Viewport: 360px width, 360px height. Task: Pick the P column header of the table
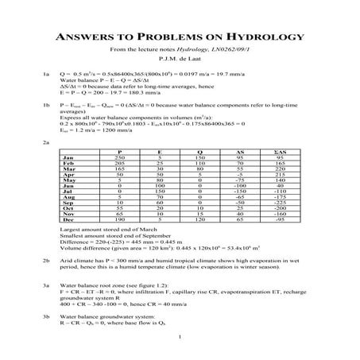119,150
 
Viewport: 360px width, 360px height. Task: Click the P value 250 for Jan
119,157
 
